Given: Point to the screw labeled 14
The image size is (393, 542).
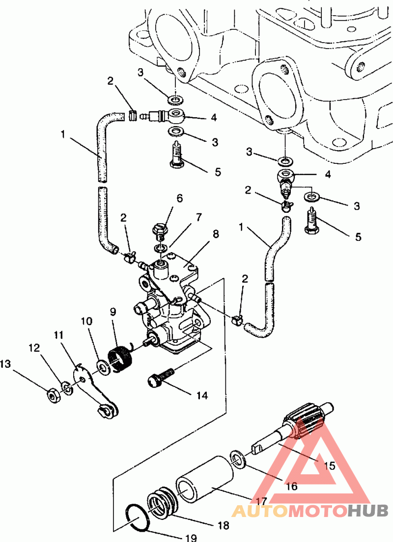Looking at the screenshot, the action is pyautogui.click(x=161, y=378).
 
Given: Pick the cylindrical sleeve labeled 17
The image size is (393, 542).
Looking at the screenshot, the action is pyautogui.click(x=205, y=479).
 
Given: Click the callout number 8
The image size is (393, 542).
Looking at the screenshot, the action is pyautogui.click(x=216, y=234).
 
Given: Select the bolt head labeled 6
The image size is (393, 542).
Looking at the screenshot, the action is pyautogui.click(x=160, y=229).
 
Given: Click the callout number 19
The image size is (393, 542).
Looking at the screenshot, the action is pyautogui.click(x=191, y=537).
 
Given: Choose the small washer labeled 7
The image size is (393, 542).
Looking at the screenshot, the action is pyautogui.click(x=160, y=248).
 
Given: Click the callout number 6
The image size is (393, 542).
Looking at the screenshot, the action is pyautogui.click(x=179, y=199).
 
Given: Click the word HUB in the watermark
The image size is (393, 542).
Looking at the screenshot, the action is pyautogui.click(x=368, y=511).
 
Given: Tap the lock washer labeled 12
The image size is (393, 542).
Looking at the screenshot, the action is pyautogui.click(x=67, y=388).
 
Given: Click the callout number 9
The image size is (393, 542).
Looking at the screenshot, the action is pyautogui.click(x=113, y=312).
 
